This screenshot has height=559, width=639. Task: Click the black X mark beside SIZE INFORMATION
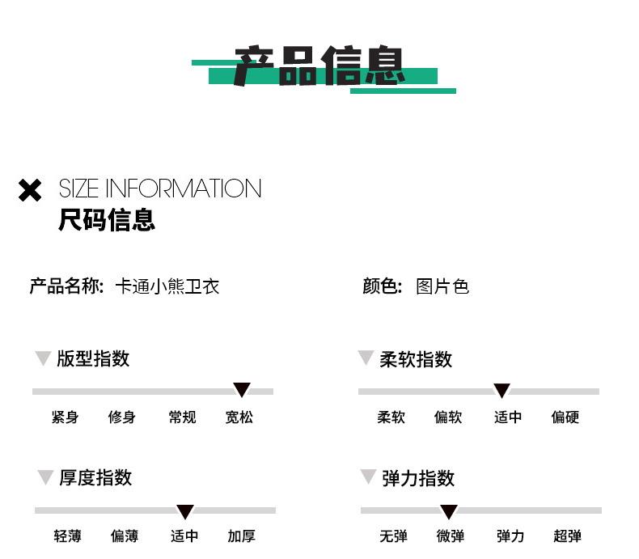tap(30, 190)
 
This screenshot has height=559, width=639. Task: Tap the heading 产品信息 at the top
tap(319, 66)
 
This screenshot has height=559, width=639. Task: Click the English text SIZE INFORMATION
tap(160, 188)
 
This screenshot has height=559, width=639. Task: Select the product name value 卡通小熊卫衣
tap(167, 286)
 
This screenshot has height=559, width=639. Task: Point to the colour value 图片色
tap(442, 286)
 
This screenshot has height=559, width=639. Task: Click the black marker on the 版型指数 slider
tap(242, 389)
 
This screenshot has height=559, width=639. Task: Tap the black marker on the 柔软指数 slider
tap(501, 390)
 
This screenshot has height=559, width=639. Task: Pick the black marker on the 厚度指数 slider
tap(185, 511)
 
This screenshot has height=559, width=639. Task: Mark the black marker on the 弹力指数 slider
tap(449, 511)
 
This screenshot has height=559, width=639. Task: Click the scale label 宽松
tap(239, 417)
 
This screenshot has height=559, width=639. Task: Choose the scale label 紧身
tap(65, 417)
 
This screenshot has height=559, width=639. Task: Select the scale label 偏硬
tap(565, 417)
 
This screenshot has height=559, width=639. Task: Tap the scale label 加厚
tap(241, 536)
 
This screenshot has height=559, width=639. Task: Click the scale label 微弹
tap(451, 536)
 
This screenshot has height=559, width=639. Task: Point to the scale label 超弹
tap(567, 536)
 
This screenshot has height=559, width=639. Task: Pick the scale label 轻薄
tap(67, 536)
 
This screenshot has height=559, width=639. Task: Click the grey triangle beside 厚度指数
tap(45, 476)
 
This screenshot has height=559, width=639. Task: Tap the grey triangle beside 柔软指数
tap(366, 357)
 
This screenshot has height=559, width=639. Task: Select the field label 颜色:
tap(383, 286)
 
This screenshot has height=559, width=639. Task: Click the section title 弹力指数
tap(417, 478)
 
